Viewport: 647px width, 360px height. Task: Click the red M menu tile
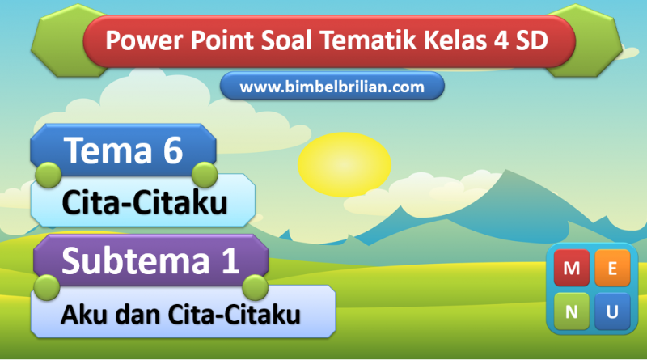(x=572, y=268)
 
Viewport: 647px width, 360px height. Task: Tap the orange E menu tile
(x=612, y=268)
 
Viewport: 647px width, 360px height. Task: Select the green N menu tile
(x=572, y=311)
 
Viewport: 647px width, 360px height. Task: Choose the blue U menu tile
(x=612, y=311)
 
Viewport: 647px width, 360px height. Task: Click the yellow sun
(x=345, y=164)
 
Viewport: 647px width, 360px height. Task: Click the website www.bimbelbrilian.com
(x=332, y=87)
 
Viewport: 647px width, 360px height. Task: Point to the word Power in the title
(x=144, y=40)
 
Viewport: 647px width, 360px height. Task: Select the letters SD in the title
(x=531, y=40)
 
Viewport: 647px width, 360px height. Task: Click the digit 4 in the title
(x=501, y=40)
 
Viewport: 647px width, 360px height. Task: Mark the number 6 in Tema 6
(x=172, y=150)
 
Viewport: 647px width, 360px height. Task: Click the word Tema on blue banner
(x=108, y=150)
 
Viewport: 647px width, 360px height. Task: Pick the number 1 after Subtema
(x=230, y=260)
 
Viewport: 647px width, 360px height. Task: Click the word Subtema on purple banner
(x=136, y=260)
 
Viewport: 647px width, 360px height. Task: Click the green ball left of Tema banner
(x=49, y=175)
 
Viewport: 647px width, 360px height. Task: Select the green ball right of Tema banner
(x=205, y=175)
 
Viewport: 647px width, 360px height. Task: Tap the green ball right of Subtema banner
(x=255, y=287)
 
